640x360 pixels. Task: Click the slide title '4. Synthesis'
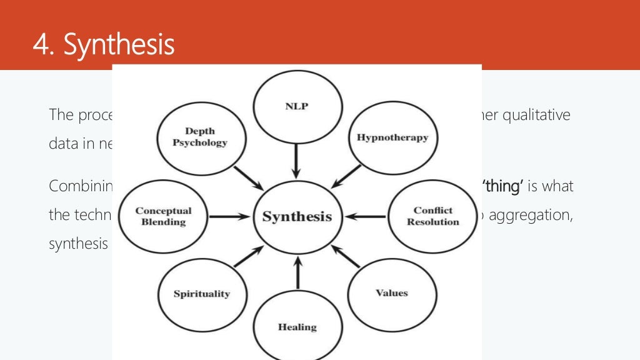tap(104, 45)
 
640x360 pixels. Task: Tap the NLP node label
tap(297, 106)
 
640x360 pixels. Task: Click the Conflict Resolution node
tap(432, 216)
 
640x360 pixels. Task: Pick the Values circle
tap(391, 292)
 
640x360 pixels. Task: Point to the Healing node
tap(297, 326)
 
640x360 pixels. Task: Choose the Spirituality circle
tap(202, 293)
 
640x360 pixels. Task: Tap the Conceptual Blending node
tap(163, 216)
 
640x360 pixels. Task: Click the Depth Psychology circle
tap(200, 137)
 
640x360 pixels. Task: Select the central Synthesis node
tap(297, 217)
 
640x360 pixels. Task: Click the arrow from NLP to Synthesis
tap(297, 161)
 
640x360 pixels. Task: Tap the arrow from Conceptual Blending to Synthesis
tap(231, 217)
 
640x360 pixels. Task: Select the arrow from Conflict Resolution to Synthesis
tap(365, 217)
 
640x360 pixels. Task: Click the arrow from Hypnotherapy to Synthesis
tap(347, 176)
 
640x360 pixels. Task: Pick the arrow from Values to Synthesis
tap(345, 256)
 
